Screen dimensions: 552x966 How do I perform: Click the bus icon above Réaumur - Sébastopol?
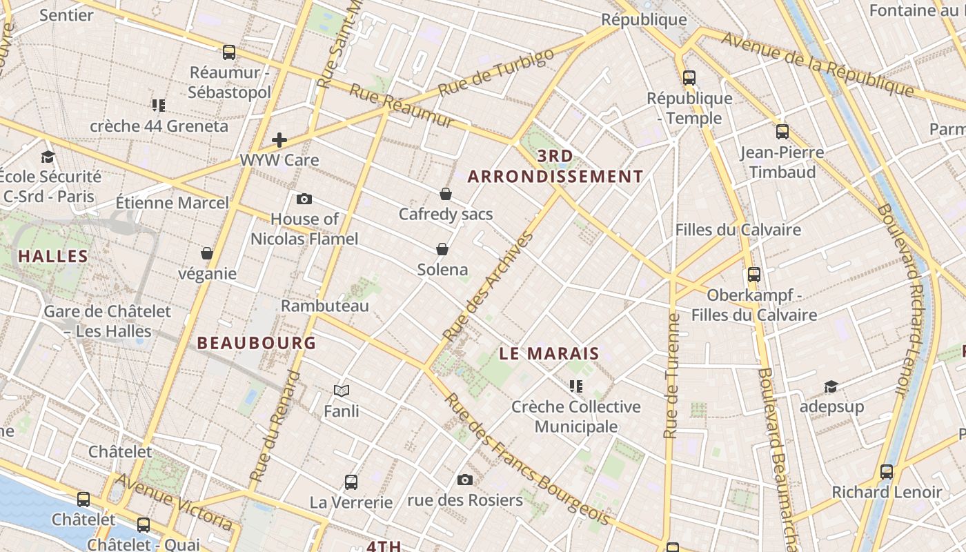pos(229,52)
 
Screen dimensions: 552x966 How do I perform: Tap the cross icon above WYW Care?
pos(279,140)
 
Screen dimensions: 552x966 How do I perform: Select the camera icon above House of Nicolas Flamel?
pos(304,199)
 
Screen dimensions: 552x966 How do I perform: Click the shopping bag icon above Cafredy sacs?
pos(446,194)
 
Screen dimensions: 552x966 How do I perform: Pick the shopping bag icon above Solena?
pos(442,249)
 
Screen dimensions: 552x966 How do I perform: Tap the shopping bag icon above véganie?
pos(207,253)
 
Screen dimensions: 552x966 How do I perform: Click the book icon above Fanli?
pos(342,391)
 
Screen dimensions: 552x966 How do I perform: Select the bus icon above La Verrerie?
pos(351,482)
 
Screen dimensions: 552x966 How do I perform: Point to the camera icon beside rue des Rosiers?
pos(465,480)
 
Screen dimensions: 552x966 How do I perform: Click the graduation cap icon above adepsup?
pos(831,386)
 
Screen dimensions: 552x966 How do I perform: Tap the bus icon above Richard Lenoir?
pos(887,472)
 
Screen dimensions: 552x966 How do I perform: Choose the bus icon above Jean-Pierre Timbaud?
pos(782,131)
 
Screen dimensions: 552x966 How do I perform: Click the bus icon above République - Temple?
pos(689,78)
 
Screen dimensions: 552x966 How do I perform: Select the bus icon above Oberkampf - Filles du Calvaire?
pos(754,275)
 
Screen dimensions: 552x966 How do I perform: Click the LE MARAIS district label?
pos(549,354)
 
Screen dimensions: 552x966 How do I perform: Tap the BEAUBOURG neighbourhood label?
pos(257,343)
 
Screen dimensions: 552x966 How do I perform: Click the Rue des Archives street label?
pos(488,286)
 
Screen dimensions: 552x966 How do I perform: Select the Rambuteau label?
pos(325,305)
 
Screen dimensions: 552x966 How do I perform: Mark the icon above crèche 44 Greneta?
pos(159,106)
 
